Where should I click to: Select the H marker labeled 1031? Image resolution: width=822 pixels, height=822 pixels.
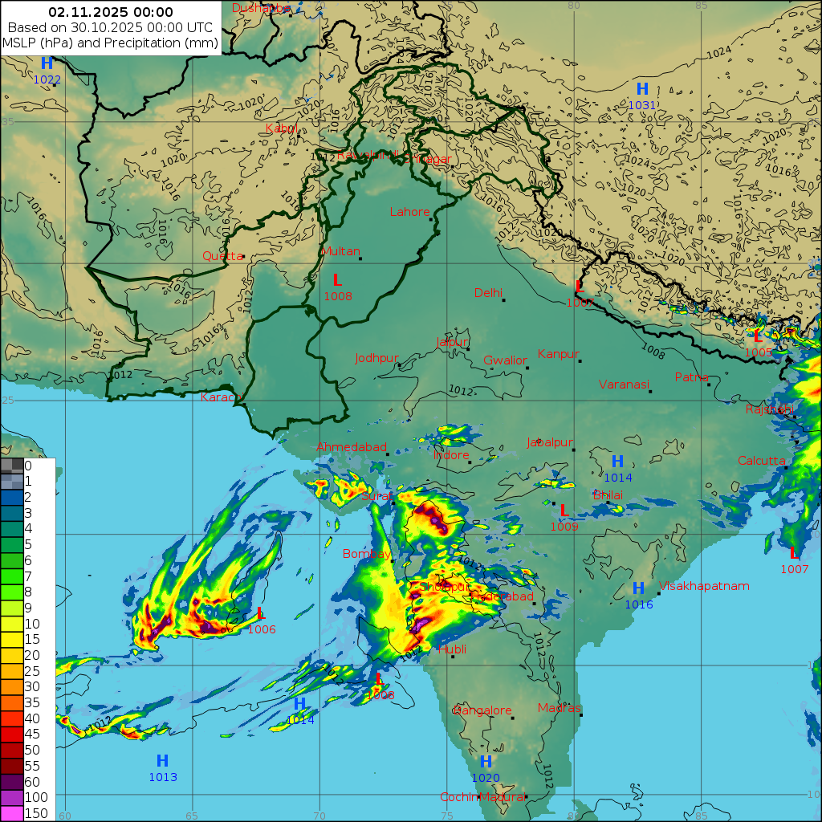tap(642, 89)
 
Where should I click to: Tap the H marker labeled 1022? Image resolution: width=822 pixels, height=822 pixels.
tap(47, 63)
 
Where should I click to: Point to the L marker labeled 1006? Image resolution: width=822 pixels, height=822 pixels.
tap(260, 614)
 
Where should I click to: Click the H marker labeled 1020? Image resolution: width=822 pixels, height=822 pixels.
tap(486, 762)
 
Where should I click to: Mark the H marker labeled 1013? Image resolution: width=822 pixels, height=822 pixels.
tap(162, 761)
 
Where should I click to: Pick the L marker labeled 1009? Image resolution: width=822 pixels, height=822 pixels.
tap(564, 511)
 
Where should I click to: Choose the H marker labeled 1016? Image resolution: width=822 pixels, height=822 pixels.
tap(638, 588)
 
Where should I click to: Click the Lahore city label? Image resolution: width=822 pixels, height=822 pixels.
tap(409, 212)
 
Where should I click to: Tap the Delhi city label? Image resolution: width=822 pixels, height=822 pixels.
tap(487, 292)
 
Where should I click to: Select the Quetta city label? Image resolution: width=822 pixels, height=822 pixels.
tap(222, 256)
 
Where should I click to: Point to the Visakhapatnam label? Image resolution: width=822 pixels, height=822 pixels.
tap(704, 586)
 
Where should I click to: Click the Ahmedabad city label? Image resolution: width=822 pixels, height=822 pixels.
tap(351, 446)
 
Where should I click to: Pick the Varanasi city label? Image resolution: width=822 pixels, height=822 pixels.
tap(623, 385)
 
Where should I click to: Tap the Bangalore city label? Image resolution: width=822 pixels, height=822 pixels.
tap(482, 710)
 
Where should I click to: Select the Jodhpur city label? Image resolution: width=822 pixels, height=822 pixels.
tap(376, 358)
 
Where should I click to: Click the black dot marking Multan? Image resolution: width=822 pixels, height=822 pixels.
tap(360, 258)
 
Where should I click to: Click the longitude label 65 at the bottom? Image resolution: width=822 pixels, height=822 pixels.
tap(192, 816)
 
